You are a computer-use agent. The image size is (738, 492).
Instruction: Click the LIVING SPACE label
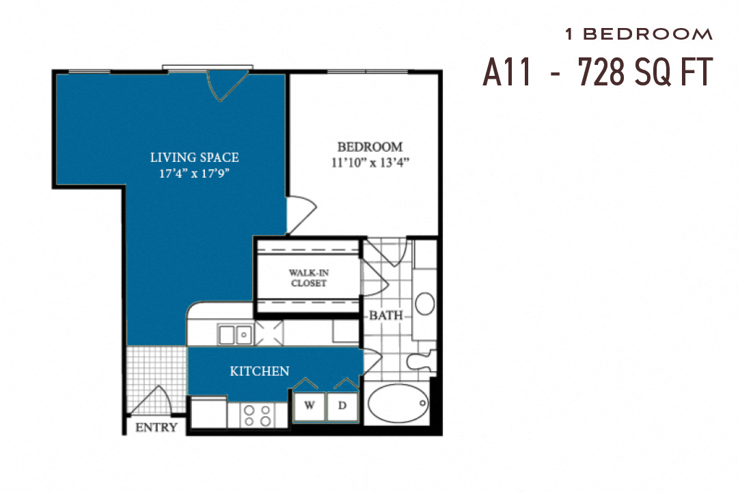point(195,158)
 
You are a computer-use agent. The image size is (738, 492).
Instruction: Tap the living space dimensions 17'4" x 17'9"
point(195,174)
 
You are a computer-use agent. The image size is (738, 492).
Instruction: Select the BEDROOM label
point(370,147)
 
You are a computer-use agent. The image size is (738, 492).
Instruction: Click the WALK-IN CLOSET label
point(308,277)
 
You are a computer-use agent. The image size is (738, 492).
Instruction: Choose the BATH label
point(386,316)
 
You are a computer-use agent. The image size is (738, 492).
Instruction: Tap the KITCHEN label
point(260,372)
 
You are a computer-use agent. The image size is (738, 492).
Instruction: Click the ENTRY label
point(156,428)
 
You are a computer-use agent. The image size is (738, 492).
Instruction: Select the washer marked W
point(310,406)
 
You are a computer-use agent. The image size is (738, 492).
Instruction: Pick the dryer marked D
point(342,406)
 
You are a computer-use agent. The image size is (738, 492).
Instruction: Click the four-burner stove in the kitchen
point(258,415)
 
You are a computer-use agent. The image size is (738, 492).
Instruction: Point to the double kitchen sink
point(235,335)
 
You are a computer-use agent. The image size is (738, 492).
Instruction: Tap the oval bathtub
point(398,405)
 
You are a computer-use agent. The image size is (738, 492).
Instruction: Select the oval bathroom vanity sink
point(425,303)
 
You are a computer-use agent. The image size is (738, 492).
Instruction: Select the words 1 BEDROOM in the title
point(639,34)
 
